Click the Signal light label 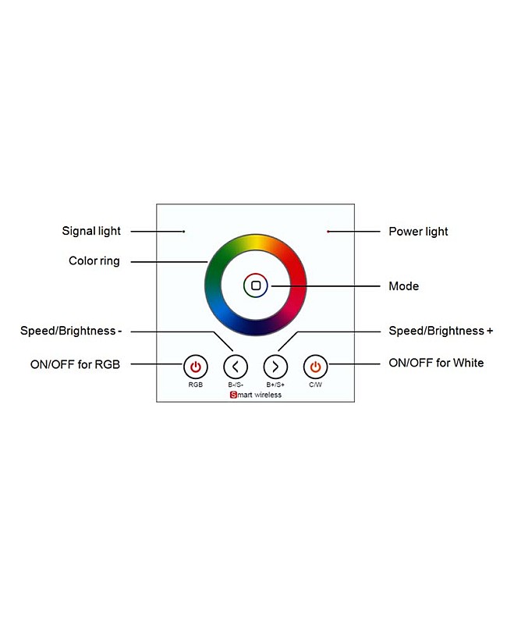(x=91, y=231)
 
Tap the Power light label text (x=418, y=232)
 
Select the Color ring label (x=94, y=261)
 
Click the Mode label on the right (x=403, y=286)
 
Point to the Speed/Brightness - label (x=71, y=331)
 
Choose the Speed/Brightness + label (x=441, y=331)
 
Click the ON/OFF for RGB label (x=75, y=363)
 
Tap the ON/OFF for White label (x=436, y=363)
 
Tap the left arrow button (x=236, y=366)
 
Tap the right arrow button (x=275, y=366)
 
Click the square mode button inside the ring (x=256, y=286)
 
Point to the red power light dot (x=328, y=232)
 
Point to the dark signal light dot (x=183, y=232)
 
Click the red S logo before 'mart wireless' (x=232, y=395)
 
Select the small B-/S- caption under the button (x=236, y=385)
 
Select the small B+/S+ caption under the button (x=275, y=385)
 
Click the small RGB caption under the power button (x=195, y=385)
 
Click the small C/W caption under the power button (x=315, y=385)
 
